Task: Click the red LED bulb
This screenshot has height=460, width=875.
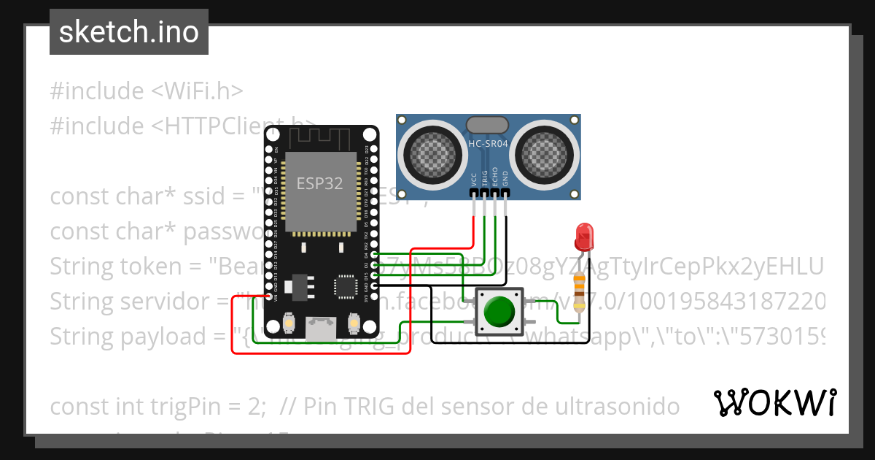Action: [x=583, y=236]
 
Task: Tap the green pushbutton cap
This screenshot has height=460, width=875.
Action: [x=499, y=313]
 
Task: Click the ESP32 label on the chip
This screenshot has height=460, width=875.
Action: [x=319, y=183]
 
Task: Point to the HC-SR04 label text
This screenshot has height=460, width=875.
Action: [x=488, y=145]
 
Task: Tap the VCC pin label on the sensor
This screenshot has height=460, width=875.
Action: [x=475, y=181]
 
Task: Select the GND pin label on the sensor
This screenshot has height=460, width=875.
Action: [x=505, y=181]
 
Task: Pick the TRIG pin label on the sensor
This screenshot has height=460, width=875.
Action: [x=485, y=181]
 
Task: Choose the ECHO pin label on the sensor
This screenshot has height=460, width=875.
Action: [x=495, y=181]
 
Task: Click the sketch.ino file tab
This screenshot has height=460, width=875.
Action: [x=129, y=32]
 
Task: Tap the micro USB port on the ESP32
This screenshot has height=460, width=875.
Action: [x=321, y=327]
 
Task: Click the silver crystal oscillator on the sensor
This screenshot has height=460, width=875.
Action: [x=488, y=126]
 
